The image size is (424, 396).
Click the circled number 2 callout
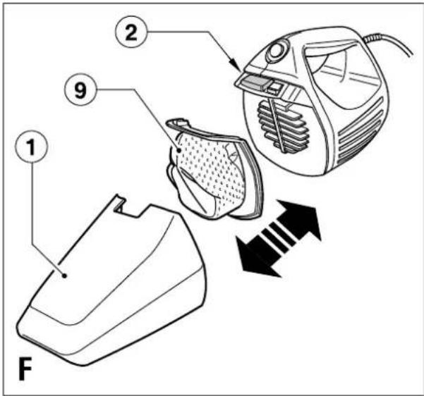[x=131, y=32]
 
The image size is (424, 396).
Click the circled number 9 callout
[x=80, y=89]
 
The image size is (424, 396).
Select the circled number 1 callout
[x=31, y=147]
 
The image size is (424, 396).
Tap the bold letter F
[x=25, y=369]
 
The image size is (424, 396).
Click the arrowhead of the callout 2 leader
[x=236, y=67]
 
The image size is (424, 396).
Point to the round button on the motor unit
[x=276, y=51]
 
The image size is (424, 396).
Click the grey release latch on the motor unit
[x=254, y=82]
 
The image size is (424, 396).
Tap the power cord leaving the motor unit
[x=389, y=43]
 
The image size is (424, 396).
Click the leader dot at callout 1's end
[x=64, y=276]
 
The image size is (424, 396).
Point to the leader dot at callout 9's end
[x=178, y=150]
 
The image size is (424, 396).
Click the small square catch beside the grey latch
[x=274, y=87]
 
